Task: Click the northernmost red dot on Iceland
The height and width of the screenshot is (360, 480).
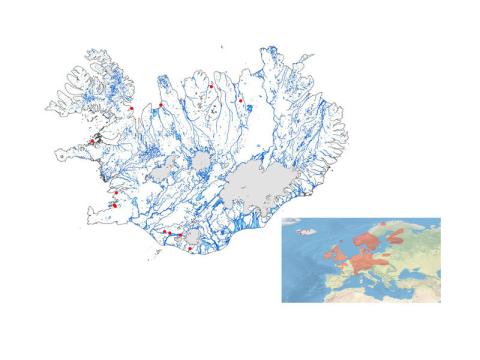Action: (x=211, y=86)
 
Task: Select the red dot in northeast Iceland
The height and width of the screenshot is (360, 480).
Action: (x=241, y=100)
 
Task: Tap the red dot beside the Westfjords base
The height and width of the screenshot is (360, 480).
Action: (x=132, y=108)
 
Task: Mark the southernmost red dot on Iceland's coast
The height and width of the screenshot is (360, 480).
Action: (x=190, y=248)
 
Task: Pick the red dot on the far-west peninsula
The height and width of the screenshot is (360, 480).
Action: (x=91, y=143)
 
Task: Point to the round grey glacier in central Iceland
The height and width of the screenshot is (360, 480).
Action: (x=203, y=162)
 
